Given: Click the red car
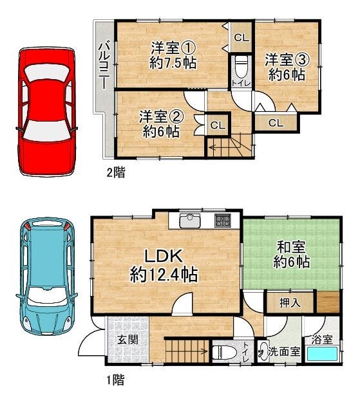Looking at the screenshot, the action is click(46, 111).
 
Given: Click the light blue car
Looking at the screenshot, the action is click(46, 276).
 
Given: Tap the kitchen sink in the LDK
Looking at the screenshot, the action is click(190, 221).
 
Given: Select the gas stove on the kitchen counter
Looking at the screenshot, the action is click(223, 221).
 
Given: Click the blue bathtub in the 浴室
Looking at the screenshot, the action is click(322, 354).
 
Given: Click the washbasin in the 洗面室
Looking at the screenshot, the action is click(263, 351).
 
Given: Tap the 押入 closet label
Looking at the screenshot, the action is click(290, 303).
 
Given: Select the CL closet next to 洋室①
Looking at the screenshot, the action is click(242, 38).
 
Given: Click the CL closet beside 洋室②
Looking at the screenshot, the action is click(218, 125).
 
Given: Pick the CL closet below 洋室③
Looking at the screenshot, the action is click(276, 123).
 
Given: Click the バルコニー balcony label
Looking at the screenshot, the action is click(104, 66).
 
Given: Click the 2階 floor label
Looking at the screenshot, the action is click(116, 172).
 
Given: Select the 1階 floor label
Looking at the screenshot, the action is click(115, 380).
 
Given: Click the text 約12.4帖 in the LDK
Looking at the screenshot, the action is click(164, 274).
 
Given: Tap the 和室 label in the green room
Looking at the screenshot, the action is click(291, 247).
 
